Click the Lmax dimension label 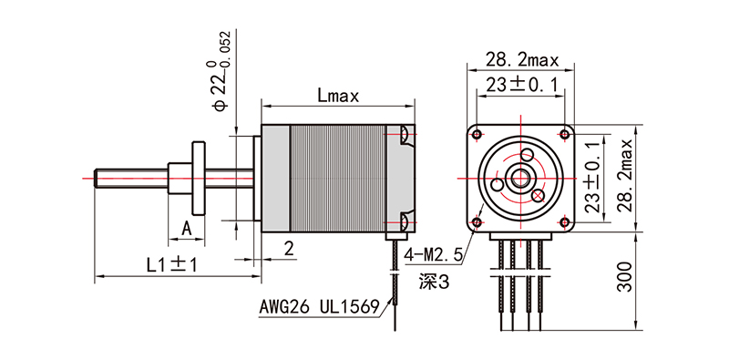(339, 94)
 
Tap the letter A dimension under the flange (187, 227)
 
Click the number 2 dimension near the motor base (288, 248)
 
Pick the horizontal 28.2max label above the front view (521, 60)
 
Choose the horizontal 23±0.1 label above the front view (521, 85)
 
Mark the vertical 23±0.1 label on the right (597, 177)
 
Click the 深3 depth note (435, 283)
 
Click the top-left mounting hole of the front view (477, 133)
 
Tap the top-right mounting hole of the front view (566, 134)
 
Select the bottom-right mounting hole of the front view (566, 221)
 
